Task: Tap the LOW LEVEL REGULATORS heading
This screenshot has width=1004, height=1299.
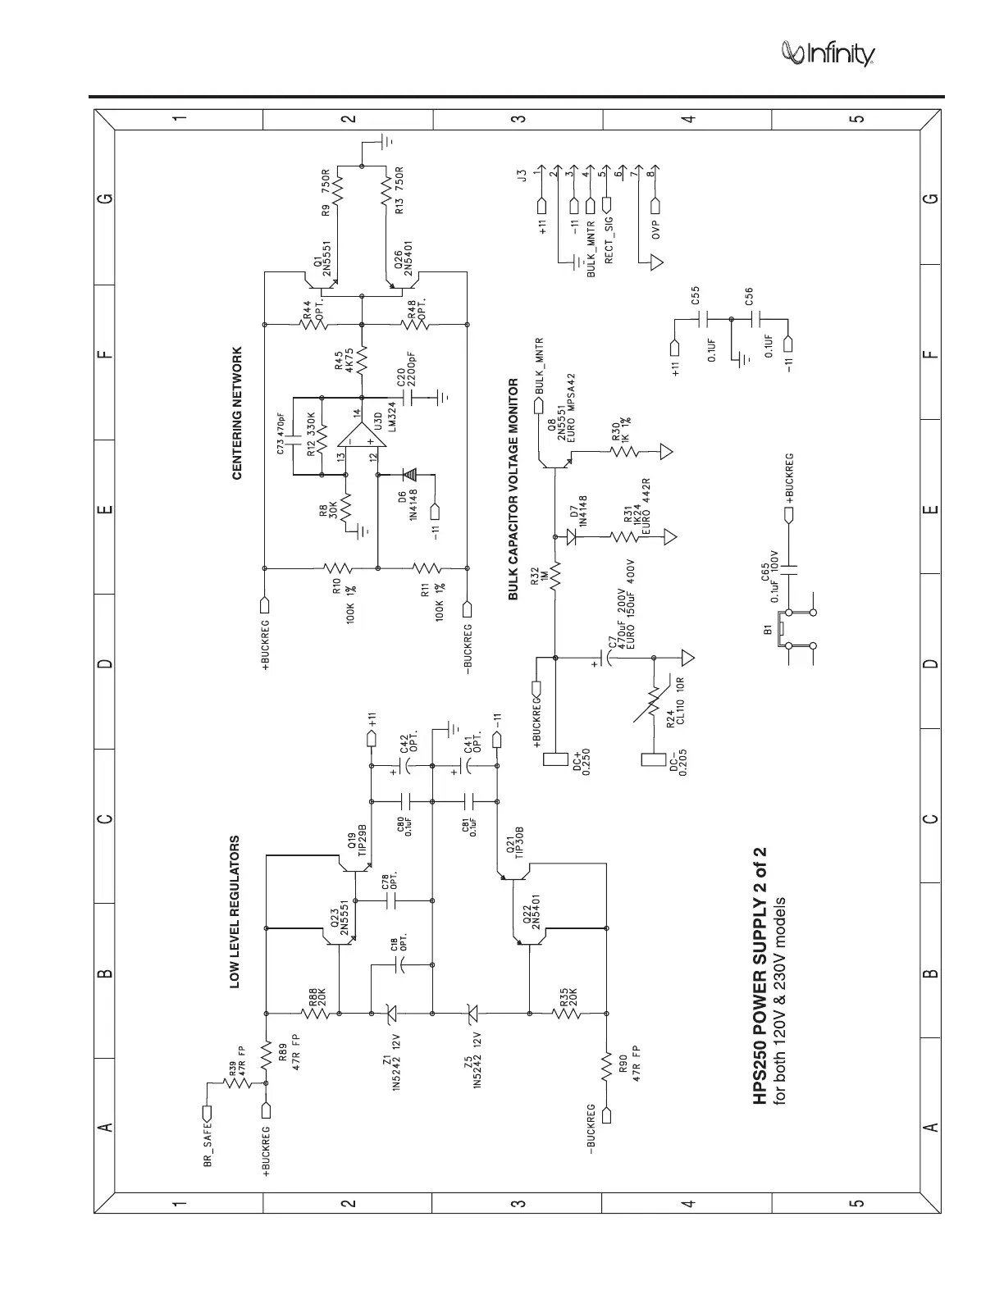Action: pyautogui.click(x=235, y=912)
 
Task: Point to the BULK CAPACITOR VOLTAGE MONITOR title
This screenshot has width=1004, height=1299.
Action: pyautogui.click(x=513, y=489)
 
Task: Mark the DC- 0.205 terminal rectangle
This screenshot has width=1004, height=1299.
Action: pyautogui.click(x=654, y=760)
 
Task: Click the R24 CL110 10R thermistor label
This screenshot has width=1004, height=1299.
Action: pyautogui.click(x=676, y=704)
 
